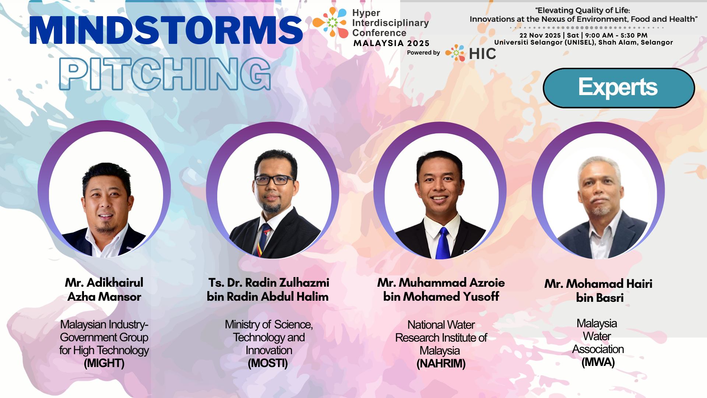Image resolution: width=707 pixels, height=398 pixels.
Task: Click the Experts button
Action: (x=619, y=88)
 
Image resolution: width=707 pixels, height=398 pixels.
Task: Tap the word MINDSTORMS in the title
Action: (x=166, y=30)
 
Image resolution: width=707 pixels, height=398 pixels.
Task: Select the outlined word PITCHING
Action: (x=165, y=74)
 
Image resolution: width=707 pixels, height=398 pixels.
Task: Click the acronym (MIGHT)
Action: (x=104, y=363)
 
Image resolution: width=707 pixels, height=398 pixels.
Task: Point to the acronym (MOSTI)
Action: (x=268, y=363)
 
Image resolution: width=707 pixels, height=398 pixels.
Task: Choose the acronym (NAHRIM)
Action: (x=441, y=364)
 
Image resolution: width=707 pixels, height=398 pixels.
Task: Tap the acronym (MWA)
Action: (x=598, y=362)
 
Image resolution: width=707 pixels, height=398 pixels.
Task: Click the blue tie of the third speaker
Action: (x=443, y=243)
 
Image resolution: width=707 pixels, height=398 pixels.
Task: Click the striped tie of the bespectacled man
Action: (x=263, y=240)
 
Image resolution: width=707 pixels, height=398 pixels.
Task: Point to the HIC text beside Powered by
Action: (x=482, y=54)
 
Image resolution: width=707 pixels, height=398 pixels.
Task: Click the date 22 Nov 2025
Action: (x=540, y=35)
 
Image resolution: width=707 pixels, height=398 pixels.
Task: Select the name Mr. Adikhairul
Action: (x=104, y=283)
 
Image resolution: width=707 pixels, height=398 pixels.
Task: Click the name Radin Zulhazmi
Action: (x=287, y=283)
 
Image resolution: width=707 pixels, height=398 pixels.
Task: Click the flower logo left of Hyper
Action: (x=331, y=22)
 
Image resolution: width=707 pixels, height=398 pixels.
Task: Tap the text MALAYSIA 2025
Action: (x=391, y=43)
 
